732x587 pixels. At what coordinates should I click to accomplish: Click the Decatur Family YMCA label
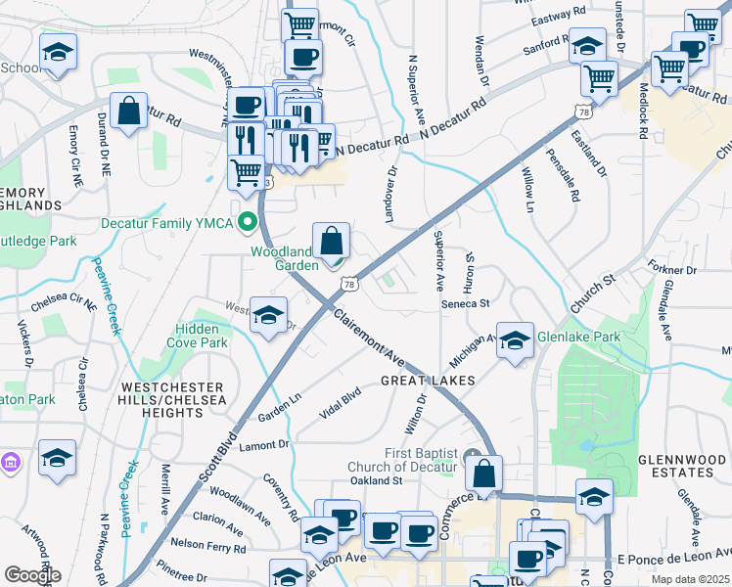167,223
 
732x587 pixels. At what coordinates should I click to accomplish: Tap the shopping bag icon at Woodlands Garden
332,241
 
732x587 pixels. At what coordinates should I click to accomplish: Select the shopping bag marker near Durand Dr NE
128,112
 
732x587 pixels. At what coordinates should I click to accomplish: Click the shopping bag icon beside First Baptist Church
484,474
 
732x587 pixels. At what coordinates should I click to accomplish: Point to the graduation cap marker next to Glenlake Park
515,341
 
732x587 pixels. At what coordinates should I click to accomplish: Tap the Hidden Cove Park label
202,337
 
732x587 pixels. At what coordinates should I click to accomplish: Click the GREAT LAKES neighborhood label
427,380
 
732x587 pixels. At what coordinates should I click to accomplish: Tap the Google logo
32,575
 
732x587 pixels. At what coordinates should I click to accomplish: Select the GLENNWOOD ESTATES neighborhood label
675,465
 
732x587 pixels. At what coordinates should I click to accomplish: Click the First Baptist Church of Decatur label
403,460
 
